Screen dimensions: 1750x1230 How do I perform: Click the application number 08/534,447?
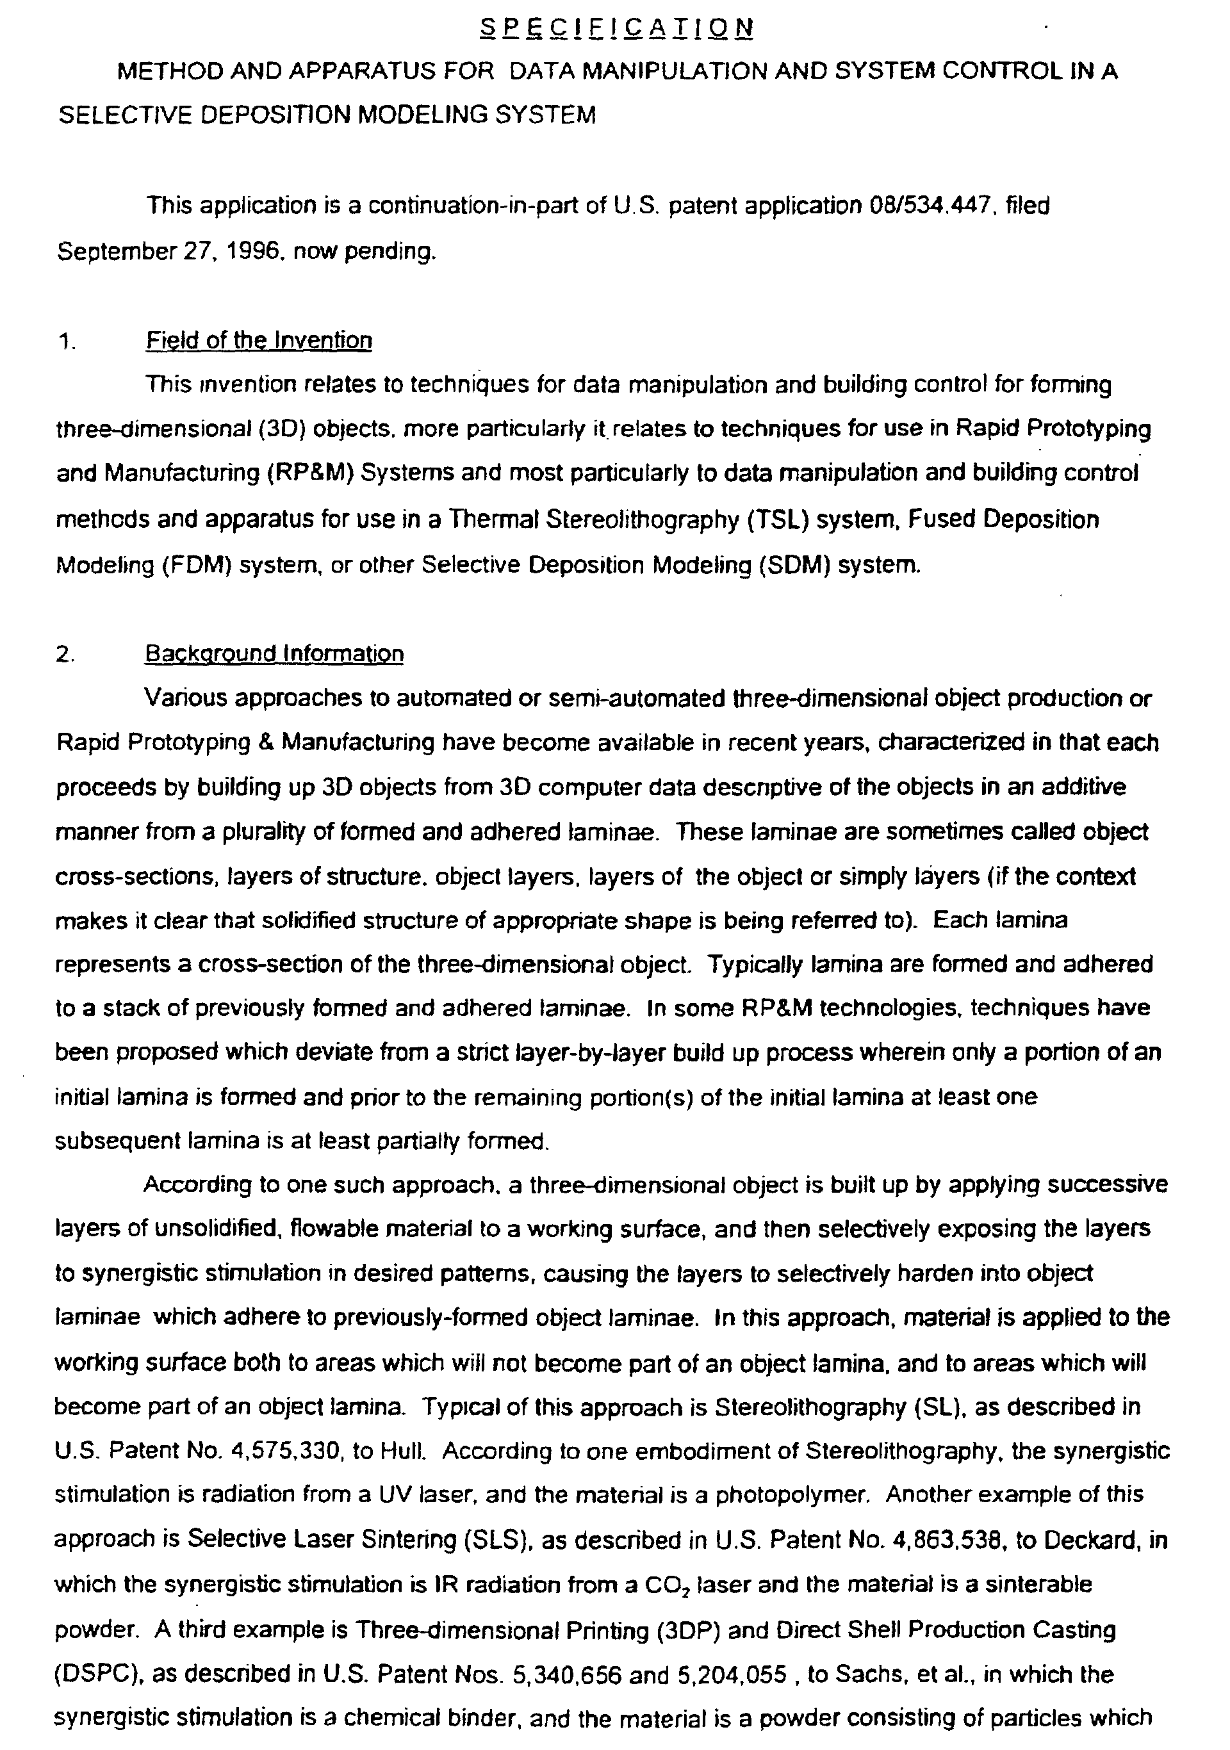click(932, 206)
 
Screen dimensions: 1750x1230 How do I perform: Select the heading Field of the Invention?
click(258, 340)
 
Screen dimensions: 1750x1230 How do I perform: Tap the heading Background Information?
click(274, 654)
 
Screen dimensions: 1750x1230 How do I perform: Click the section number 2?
click(64, 655)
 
